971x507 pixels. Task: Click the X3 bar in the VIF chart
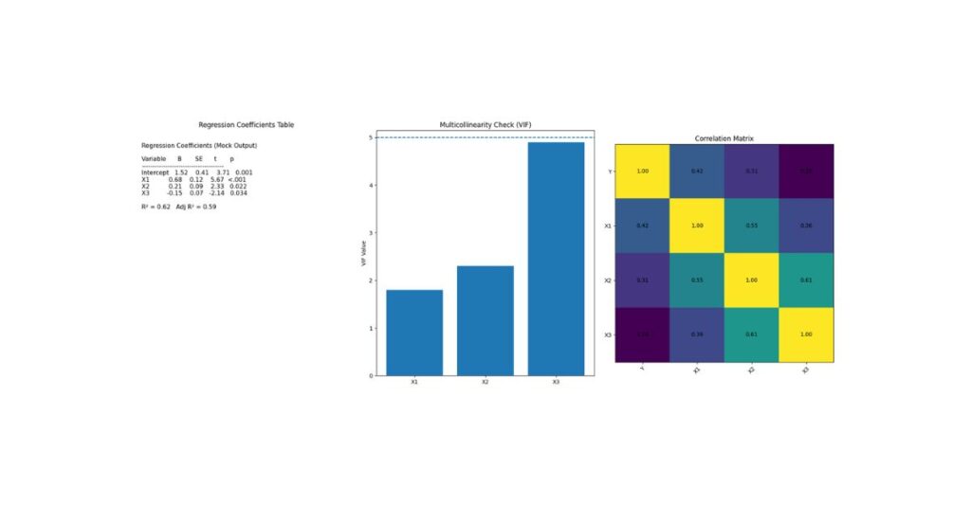(x=556, y=258)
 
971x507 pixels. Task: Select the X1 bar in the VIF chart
(x=414, y=332)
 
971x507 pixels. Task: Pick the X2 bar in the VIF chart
(x=485, y=320)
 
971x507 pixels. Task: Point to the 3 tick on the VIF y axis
(x=371, y=233)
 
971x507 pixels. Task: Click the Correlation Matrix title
(x=724, y=138)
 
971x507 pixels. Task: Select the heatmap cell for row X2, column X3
(x=806, y=281)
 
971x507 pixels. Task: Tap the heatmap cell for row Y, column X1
(x=697, y=172)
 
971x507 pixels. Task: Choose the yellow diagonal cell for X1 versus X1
(x=697, y=226)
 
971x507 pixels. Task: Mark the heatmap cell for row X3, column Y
(x=643, y=335)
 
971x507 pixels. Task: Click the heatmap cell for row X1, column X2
(x=752, y=226)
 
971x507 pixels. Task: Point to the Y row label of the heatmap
(x=609, y=172)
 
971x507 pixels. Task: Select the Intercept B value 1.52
(x=181, y=172)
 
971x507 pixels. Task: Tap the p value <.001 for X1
(x=237, y=179)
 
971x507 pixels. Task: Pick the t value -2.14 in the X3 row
(x=216, y=192)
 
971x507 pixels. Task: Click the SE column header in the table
(x=199, y=159)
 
